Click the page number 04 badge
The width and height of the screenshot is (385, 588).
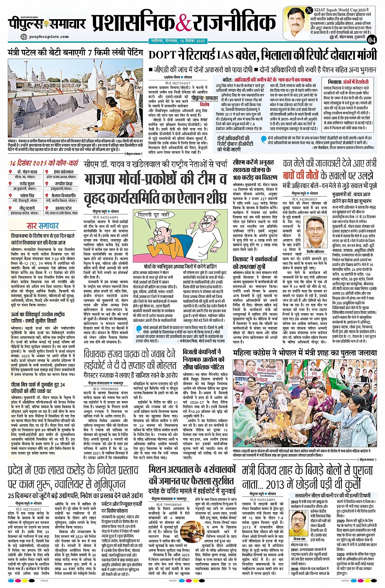pyautogui.click(x=372, y=39)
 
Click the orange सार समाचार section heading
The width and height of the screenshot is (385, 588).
pyautogui.click(x=42, y=226)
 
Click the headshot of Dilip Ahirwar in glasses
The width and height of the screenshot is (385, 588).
pyautogui.click(x=314, y=230)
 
